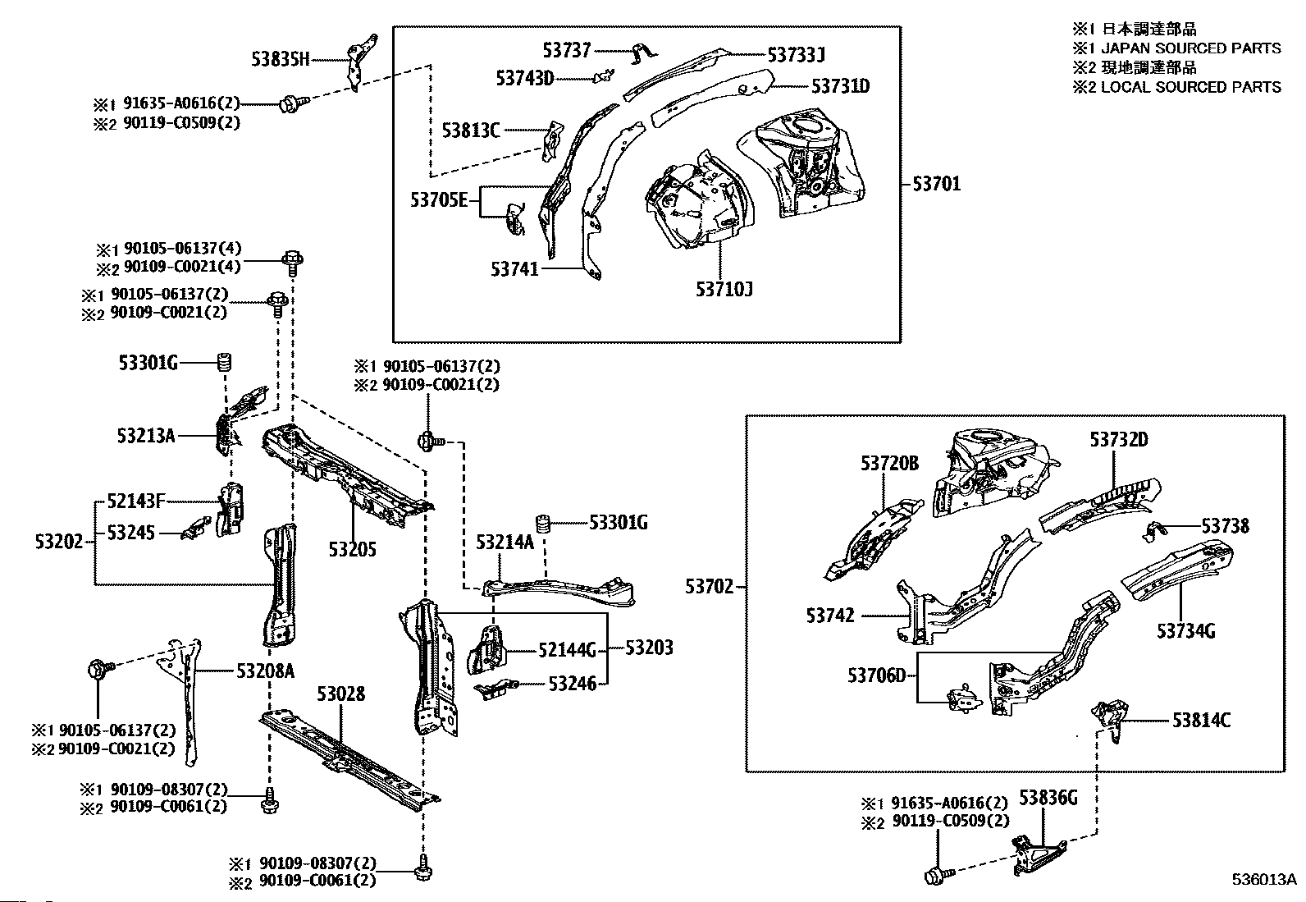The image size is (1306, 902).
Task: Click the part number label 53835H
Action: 281,59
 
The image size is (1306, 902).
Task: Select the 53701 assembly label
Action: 936,184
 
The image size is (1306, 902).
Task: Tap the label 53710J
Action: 724,289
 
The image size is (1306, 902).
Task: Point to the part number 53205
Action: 353,549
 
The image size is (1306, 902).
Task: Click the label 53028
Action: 341,694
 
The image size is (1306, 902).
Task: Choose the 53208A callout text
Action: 265,671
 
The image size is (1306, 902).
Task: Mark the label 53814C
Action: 1201,721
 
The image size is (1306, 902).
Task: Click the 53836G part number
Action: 1048,797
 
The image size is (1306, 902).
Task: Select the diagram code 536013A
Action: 1263,879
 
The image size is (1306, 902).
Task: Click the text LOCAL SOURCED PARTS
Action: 1190,87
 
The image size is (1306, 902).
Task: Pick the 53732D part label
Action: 1119,440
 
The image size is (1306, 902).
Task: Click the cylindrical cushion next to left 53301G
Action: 222,361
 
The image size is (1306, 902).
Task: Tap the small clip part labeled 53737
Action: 644,55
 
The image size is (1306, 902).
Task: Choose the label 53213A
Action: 146,436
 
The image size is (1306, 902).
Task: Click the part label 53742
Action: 830,616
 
